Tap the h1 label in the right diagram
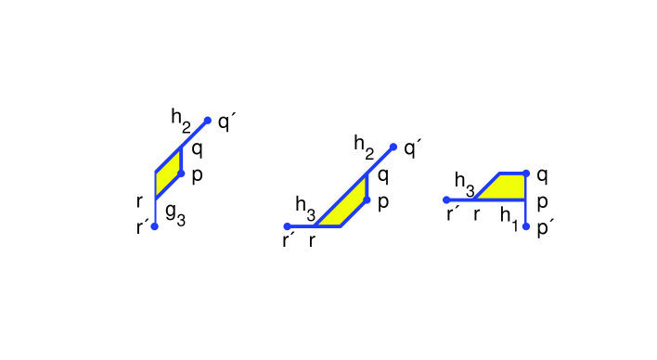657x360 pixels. tap(509, 216)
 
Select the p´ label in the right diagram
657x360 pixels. tap(544, 226)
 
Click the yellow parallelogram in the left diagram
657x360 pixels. tap(167, 173)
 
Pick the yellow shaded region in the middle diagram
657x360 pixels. tap(348, 207)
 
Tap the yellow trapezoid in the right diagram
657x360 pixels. tap(507, 186)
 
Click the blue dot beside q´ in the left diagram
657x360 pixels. tap(208, 120)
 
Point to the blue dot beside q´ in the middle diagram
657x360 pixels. tap(393, 146)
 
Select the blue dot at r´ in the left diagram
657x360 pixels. tap(155, 225)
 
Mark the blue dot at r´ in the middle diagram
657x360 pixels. tap(288, 226)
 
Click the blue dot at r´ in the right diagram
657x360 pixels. tap(446, 199)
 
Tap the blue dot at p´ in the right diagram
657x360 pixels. tap(526, 226)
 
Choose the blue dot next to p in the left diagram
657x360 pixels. tap(181, 173)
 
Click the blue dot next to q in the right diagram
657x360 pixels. tap(526, 173)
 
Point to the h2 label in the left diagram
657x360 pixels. tap(181, 118)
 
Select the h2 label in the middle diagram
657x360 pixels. tap(365, 144)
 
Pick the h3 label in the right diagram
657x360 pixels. tap(465, 182)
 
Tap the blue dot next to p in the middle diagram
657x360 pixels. tap(367, 199)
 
